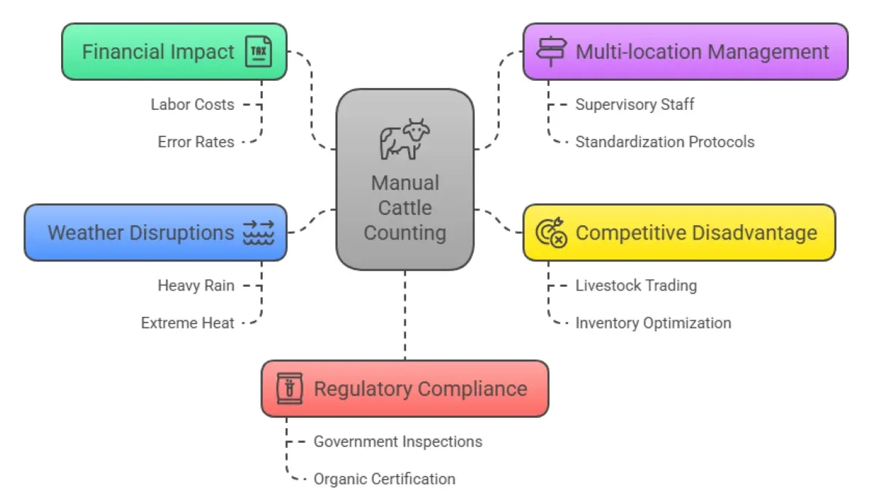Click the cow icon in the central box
[404, 139]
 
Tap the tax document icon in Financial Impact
[258, 52]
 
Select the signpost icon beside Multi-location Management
[550, 52]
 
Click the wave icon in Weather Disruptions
[258, 233]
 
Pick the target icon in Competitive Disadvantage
[550, 233]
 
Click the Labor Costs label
[193, 105]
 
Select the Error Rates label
[196, 142]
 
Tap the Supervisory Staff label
[634, 105]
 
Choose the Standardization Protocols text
[664, 142]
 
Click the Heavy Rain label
[196, 285]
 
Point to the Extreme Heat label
[188, 323]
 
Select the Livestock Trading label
[636, 285]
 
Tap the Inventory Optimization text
[653, 323]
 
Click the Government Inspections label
[397, 441]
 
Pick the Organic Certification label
[384, 479]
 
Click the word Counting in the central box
[404, 233]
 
